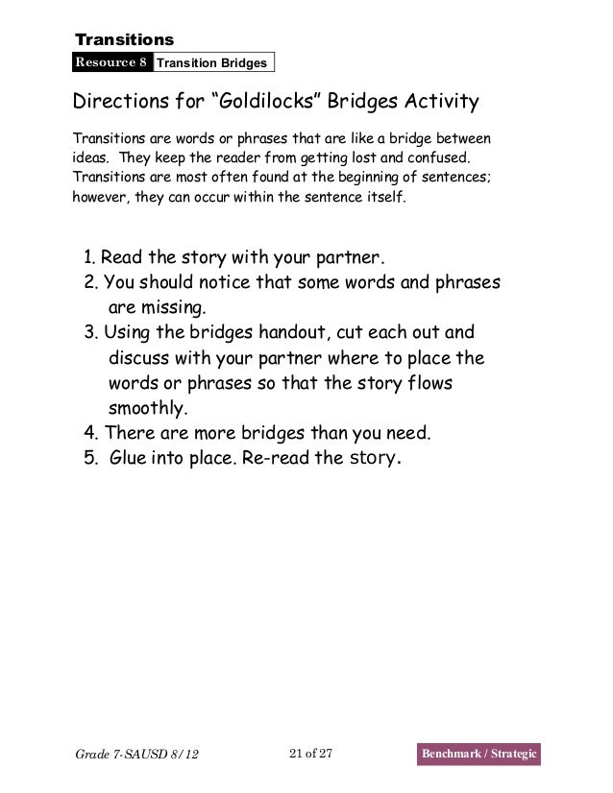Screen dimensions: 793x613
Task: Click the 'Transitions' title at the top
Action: click(125, 39)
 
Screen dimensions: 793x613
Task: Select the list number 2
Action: click(89, 284)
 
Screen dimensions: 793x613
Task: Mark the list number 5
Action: click(89, 458)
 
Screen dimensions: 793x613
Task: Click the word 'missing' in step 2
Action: click(174, 309)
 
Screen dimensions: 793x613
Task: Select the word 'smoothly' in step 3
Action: click(148, 408)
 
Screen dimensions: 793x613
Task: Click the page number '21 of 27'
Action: click(309, 751)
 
